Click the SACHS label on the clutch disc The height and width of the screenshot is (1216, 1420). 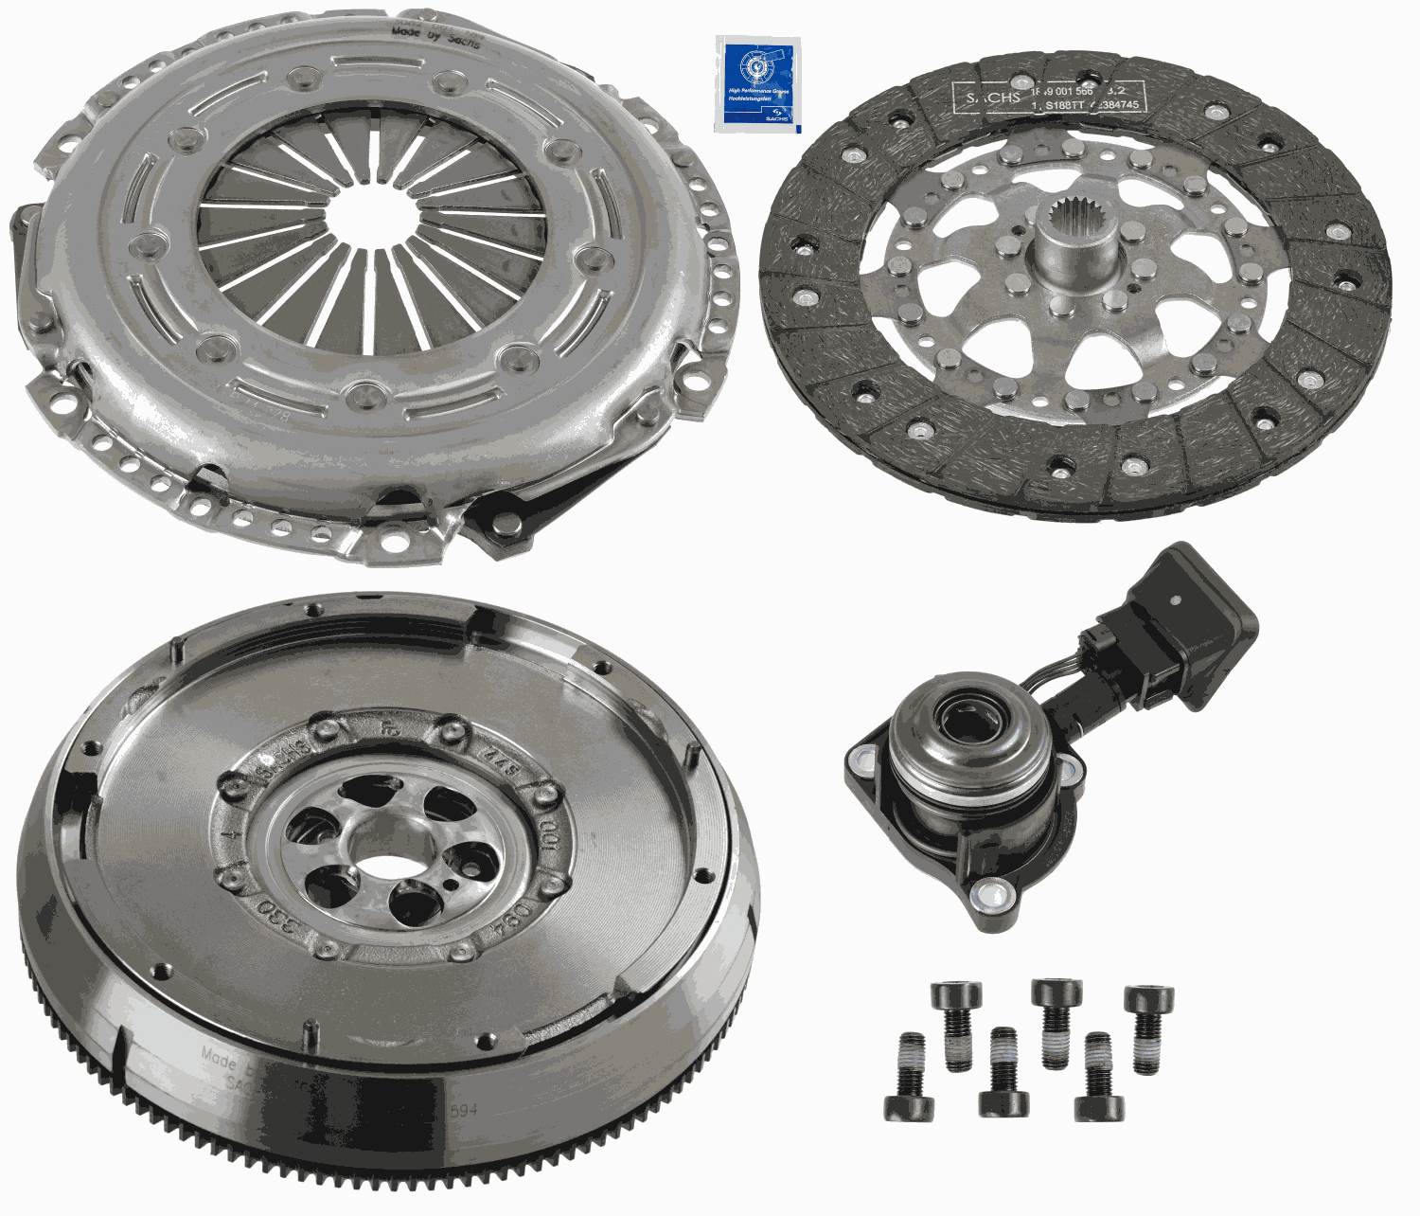point(985,96)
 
